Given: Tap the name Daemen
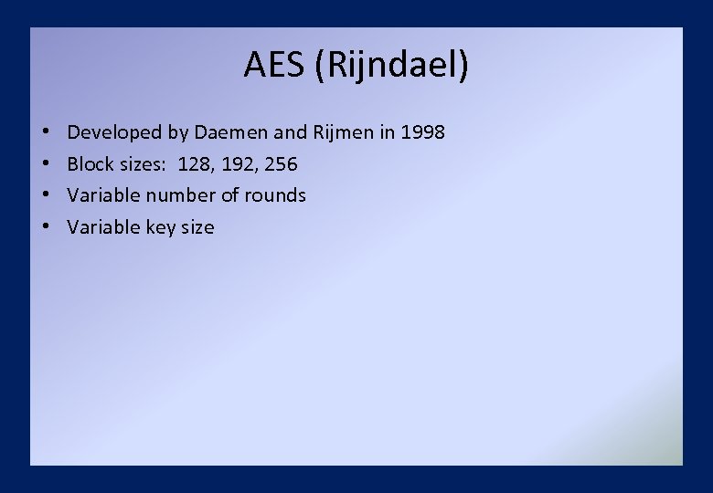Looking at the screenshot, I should pyautogui.click(x=232, y=132).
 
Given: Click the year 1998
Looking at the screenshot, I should pyautogui.click(x=423, y=132).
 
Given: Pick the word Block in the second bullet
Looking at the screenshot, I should pyautogui.click(x=90, y=164).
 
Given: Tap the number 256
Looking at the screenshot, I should pyautogui.click(x=281, y=164).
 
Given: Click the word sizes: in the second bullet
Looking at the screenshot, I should pyautogui.click(x=140, y=164).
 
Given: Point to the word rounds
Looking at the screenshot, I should pyautogui.click(x=275, y=195).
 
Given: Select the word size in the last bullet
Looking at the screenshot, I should pyautogui.click(x=197, y=227).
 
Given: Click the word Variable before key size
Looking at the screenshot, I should pyautogui.click(x=103, y=227).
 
